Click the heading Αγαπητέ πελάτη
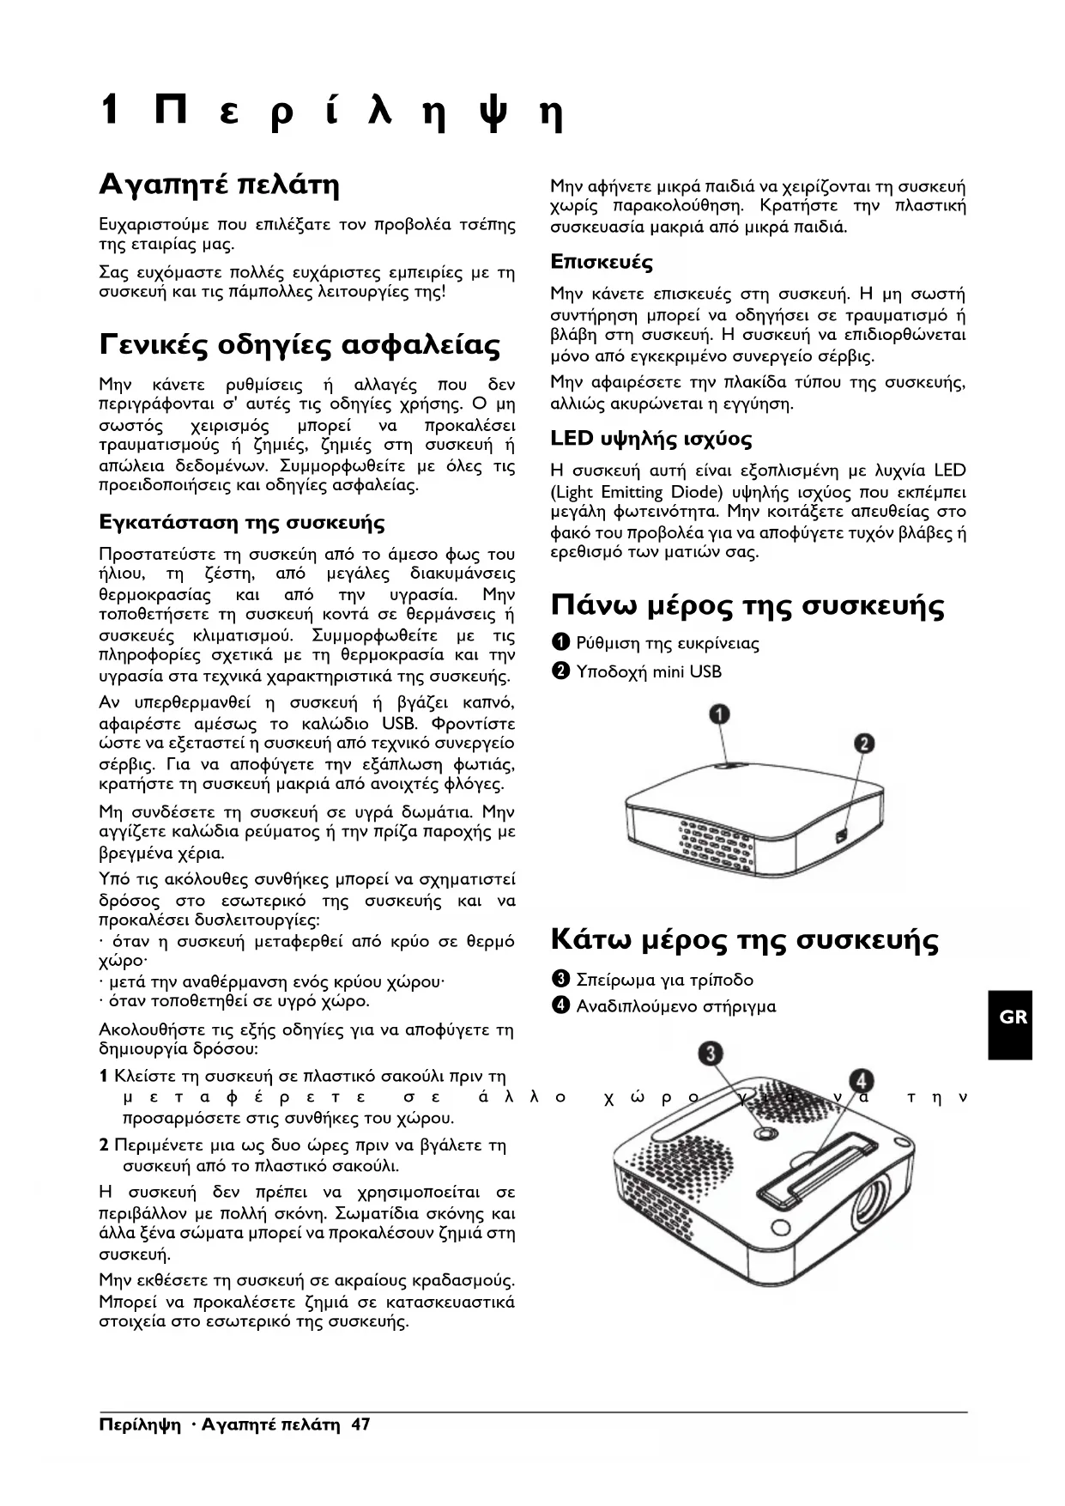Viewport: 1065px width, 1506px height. [x=220, y=185]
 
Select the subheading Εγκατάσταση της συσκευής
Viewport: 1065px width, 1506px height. [x=242, y=522]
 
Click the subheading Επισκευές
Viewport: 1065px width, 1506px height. [x=602, y=262]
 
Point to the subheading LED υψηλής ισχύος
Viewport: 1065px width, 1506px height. [x=651, y=440]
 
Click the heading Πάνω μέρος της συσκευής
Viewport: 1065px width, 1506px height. [x=747, y=605]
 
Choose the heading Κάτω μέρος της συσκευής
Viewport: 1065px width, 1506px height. [x=744, y=940]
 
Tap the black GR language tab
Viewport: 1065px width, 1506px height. [x=1013, y=1017]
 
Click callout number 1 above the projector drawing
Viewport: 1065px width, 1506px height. [x=718, y=714]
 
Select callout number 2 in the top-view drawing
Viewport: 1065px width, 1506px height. [x=862, y=743]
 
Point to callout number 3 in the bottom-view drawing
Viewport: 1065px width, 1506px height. [x=709, y=1054]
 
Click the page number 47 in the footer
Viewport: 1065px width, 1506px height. [x=360, y=1425]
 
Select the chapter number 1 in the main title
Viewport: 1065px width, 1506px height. [x=109, y=111]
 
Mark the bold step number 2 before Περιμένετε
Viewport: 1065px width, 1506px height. [x=104, y=1145]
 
